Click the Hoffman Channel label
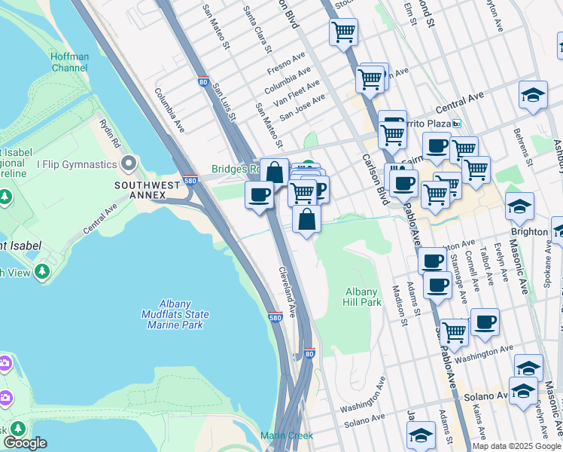69,62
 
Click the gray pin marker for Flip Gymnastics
129,163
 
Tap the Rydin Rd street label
110,133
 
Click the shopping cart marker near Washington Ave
455,331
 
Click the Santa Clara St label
257,30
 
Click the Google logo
26,443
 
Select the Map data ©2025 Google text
516,447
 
